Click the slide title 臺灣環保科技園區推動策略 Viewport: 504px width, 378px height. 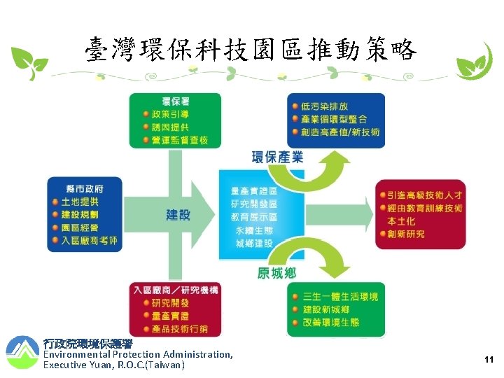(251, 50)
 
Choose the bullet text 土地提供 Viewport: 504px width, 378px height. (80, 202)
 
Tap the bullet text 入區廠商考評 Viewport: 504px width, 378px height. (89, 241)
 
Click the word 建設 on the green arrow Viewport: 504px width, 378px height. (178, 214)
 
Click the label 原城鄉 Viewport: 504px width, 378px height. (276, 273)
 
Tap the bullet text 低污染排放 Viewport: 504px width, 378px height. (325, 106)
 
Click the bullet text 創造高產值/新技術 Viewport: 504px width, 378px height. (341, 132)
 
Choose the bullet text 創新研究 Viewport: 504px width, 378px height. (405, 234)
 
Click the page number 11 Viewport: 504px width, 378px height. (489, 359)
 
